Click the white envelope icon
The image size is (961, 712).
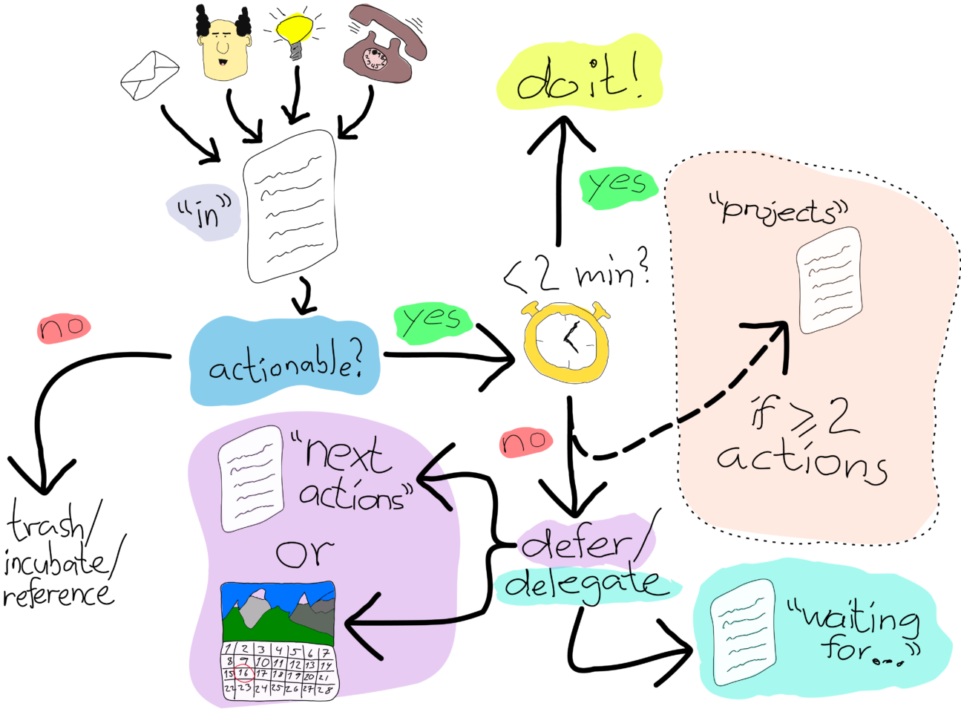coord(149,75)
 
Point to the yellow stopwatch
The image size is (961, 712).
coord(566,342)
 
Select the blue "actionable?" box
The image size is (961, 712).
coord(284,362)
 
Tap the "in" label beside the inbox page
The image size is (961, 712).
coord(205,211)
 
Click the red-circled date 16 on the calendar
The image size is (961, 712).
coord(244,673)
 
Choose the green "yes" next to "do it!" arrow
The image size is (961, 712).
coord(618,185)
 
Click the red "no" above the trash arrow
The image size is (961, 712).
coord(63,327)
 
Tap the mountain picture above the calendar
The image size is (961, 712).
coord(278,613)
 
